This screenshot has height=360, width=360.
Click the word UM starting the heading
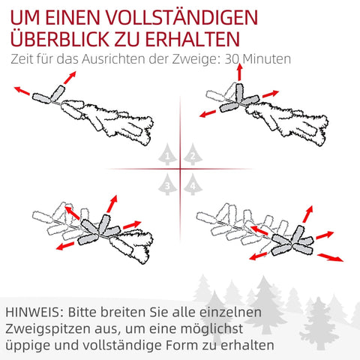coord(22,16)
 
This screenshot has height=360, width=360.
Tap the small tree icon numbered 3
coord(169,182)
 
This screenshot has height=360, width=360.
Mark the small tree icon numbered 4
coord(193,182)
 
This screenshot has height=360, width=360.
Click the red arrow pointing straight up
coord(239,73)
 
